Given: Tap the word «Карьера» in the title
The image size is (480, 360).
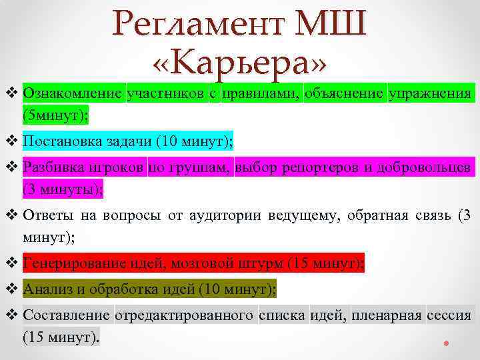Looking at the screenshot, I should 240,63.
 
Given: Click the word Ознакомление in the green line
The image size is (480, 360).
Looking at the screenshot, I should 73,93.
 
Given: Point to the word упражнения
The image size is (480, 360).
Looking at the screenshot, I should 431,93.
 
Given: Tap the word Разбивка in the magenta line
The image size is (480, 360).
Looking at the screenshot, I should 51,167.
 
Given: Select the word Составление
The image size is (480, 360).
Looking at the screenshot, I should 66,315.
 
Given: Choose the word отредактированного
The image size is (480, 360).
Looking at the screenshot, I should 185,315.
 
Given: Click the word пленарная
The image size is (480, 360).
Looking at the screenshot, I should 387,315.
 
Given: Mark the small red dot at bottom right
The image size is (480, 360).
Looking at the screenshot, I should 446,345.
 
